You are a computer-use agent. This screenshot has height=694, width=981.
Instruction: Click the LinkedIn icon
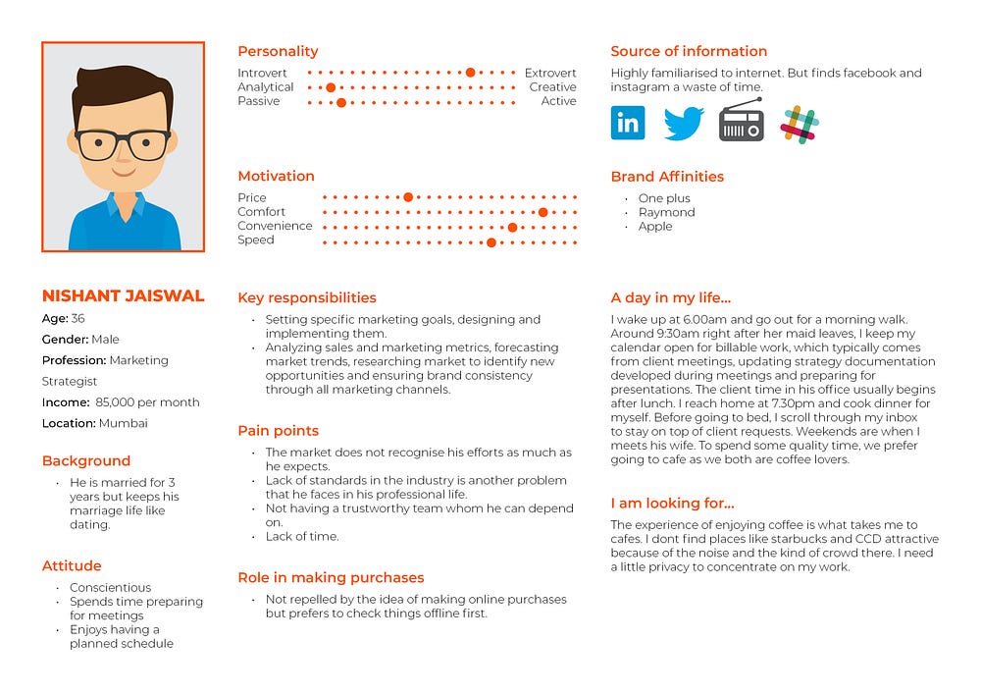(628, 123)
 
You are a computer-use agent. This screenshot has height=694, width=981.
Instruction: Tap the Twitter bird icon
(684, 124)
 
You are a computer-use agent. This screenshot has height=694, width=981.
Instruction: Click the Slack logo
(800, 125)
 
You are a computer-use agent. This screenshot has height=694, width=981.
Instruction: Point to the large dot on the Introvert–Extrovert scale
(471, 73)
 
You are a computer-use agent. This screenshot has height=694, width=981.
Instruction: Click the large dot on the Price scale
(408, 197)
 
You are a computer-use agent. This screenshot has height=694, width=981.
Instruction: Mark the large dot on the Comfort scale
(542, 212)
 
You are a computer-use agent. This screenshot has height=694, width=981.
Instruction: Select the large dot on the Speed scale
(491, 240)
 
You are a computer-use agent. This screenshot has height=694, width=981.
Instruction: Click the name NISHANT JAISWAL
(123, 295)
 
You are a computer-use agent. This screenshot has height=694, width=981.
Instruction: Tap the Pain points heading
(278, 431)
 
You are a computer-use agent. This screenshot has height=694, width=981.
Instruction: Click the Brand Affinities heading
(667, 177)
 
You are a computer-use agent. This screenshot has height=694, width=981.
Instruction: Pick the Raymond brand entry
(666, 212)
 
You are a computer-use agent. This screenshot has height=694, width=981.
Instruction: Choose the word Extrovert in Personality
(550, 74)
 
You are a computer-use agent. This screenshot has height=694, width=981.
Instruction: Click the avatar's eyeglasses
(123, 145)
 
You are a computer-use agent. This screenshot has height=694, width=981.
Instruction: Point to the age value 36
(77, 318)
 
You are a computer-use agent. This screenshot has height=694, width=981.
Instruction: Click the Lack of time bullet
(302, 536)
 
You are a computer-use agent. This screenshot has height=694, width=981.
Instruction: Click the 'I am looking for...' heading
(672, 504)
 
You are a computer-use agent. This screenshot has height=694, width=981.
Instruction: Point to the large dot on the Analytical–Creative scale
(331, 87)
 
